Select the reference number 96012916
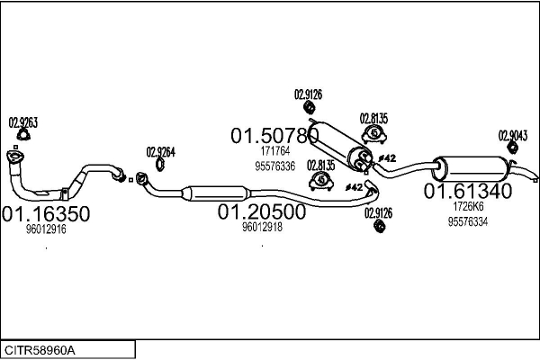(46, 229)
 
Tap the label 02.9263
(22, 123)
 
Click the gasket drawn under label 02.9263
(22, 138)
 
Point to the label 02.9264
(160, 151)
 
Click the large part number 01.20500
(262, 212)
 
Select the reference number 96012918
(262, 228)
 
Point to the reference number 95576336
(274, 166)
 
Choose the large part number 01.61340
(468, 191)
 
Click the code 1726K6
(467, 206)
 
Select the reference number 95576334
(467, 221)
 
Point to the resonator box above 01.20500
(214, 193)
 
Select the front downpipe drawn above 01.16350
(54, 184)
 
